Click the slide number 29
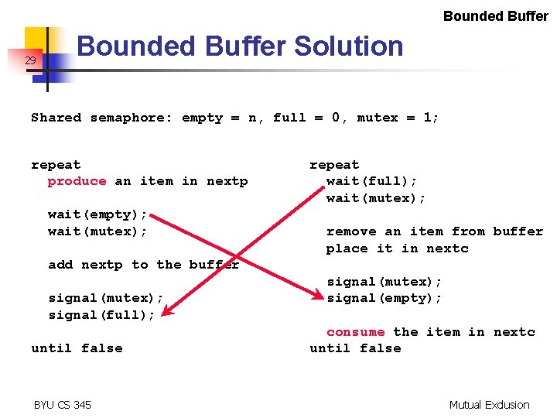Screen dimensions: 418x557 [x=29, y=60]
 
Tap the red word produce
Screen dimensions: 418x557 [x=77, y=181]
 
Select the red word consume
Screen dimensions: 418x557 [x=355, y=332]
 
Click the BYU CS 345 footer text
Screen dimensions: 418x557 [x=62, y=405]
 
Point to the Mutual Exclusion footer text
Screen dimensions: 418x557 [x=489, y=405]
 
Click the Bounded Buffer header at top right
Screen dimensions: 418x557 [x=495, y=15]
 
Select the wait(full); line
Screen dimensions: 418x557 [x=371, y=181]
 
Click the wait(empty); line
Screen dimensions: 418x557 [x=97, y=214]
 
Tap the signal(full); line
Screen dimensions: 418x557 [x=101, y=315]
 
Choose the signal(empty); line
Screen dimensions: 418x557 [x=384, y=298]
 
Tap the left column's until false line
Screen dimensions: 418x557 [x=77, y=348]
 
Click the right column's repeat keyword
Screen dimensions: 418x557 [x=334, y=165]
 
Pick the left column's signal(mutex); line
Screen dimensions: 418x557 [x=106, y=298]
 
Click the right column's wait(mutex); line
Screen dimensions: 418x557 [x=376, y=198]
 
